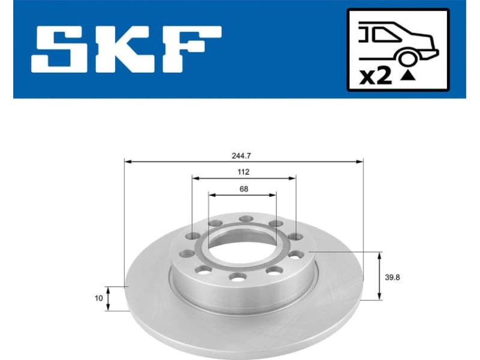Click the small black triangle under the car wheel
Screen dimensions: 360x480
pos(408,76)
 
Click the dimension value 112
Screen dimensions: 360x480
pos(243,172)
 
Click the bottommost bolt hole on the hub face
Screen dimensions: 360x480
pos(238,277)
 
